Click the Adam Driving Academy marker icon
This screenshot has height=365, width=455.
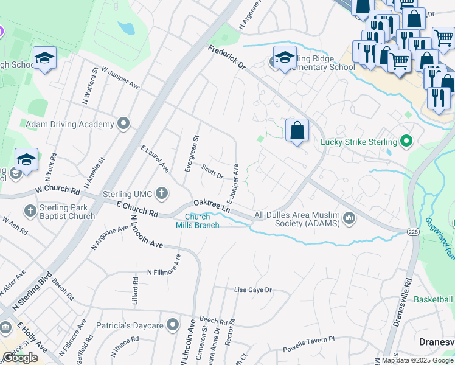click(x=124, y=124)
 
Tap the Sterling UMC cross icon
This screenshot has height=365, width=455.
click(x=161, y=194)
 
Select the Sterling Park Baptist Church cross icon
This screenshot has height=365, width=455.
click(x=30, y=210)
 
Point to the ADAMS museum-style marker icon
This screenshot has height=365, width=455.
click(x=349, y=218)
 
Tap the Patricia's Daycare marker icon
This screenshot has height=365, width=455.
click(x=173, y=325)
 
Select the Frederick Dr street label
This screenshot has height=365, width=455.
click(x=226, y=58)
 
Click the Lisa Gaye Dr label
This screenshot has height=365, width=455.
click(x=252, y=290)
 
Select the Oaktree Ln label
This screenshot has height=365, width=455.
click(x=212, y=206)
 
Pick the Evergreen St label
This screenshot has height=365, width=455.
click(x=190, y=153)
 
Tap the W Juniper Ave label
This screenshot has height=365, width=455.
click(x=120, y=79)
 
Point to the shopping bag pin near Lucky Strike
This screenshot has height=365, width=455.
click(x=297, y=131)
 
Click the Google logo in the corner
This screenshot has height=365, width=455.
click(x=20, y=358)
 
